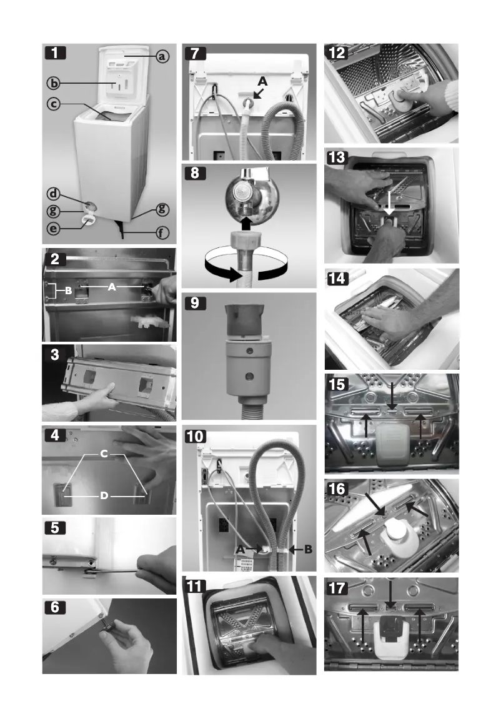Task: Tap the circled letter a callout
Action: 162,57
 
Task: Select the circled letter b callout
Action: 55,82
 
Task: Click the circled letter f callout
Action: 162,235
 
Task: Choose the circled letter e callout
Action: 55,229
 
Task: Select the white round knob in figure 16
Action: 395,534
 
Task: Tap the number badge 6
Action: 57,607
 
